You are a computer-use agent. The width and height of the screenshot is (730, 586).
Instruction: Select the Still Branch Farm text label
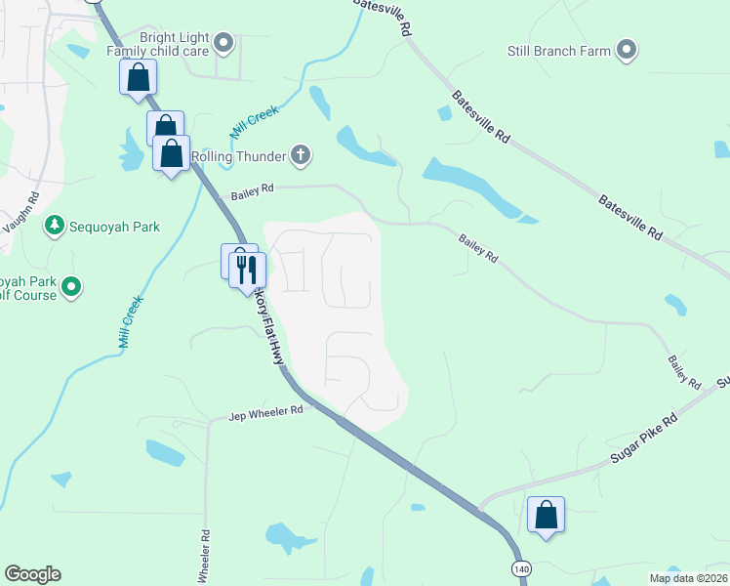pos(559,51)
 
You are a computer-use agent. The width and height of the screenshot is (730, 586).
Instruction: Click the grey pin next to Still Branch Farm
pos(627,51)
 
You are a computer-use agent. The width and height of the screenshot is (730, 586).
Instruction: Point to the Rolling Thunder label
pos(238,155)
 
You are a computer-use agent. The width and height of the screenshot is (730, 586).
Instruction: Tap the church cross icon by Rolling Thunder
pos(301,154)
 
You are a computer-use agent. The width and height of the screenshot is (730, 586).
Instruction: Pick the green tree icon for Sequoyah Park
pos(55,227)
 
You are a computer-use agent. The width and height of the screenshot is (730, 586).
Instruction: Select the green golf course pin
pos(71,287)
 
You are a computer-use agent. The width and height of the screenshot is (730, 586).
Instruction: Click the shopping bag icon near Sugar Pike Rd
pos(546,514)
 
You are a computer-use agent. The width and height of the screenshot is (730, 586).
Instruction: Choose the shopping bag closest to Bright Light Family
pos(138,77)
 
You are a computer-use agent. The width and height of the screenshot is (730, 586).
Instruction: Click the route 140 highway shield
pos(519,567)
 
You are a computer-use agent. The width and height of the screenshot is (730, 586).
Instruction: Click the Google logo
pos(32,574)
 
